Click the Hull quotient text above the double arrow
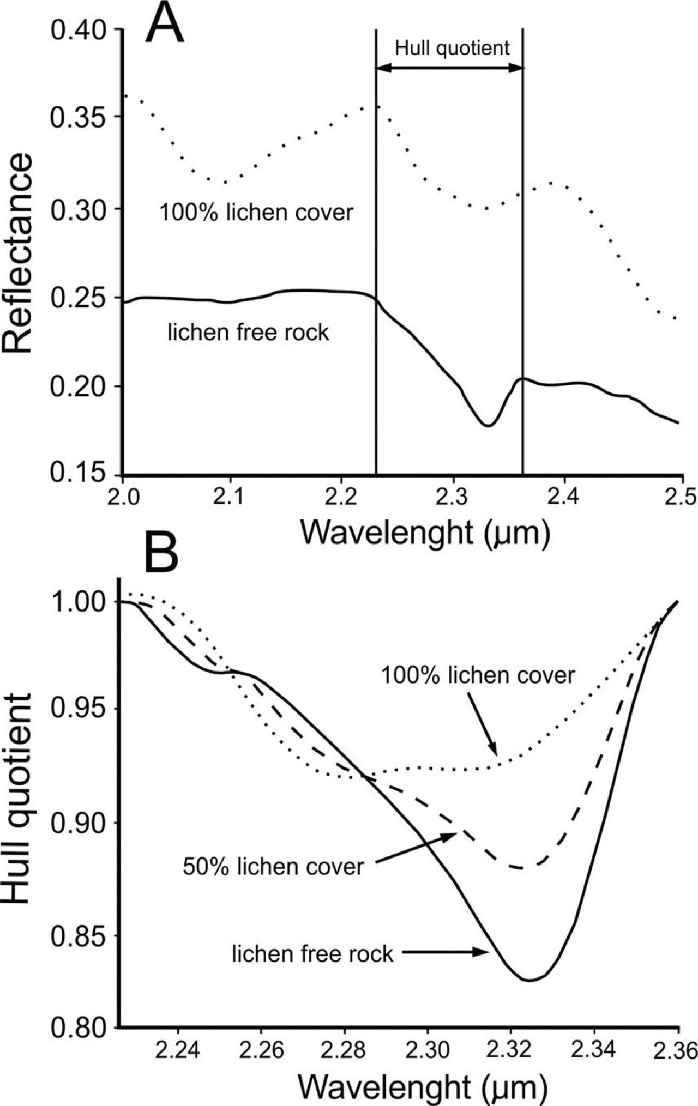452,48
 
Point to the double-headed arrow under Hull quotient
449,68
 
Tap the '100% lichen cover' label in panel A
256,212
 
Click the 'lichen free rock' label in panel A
248,332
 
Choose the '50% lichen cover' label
273,866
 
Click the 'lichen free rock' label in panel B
312,954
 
